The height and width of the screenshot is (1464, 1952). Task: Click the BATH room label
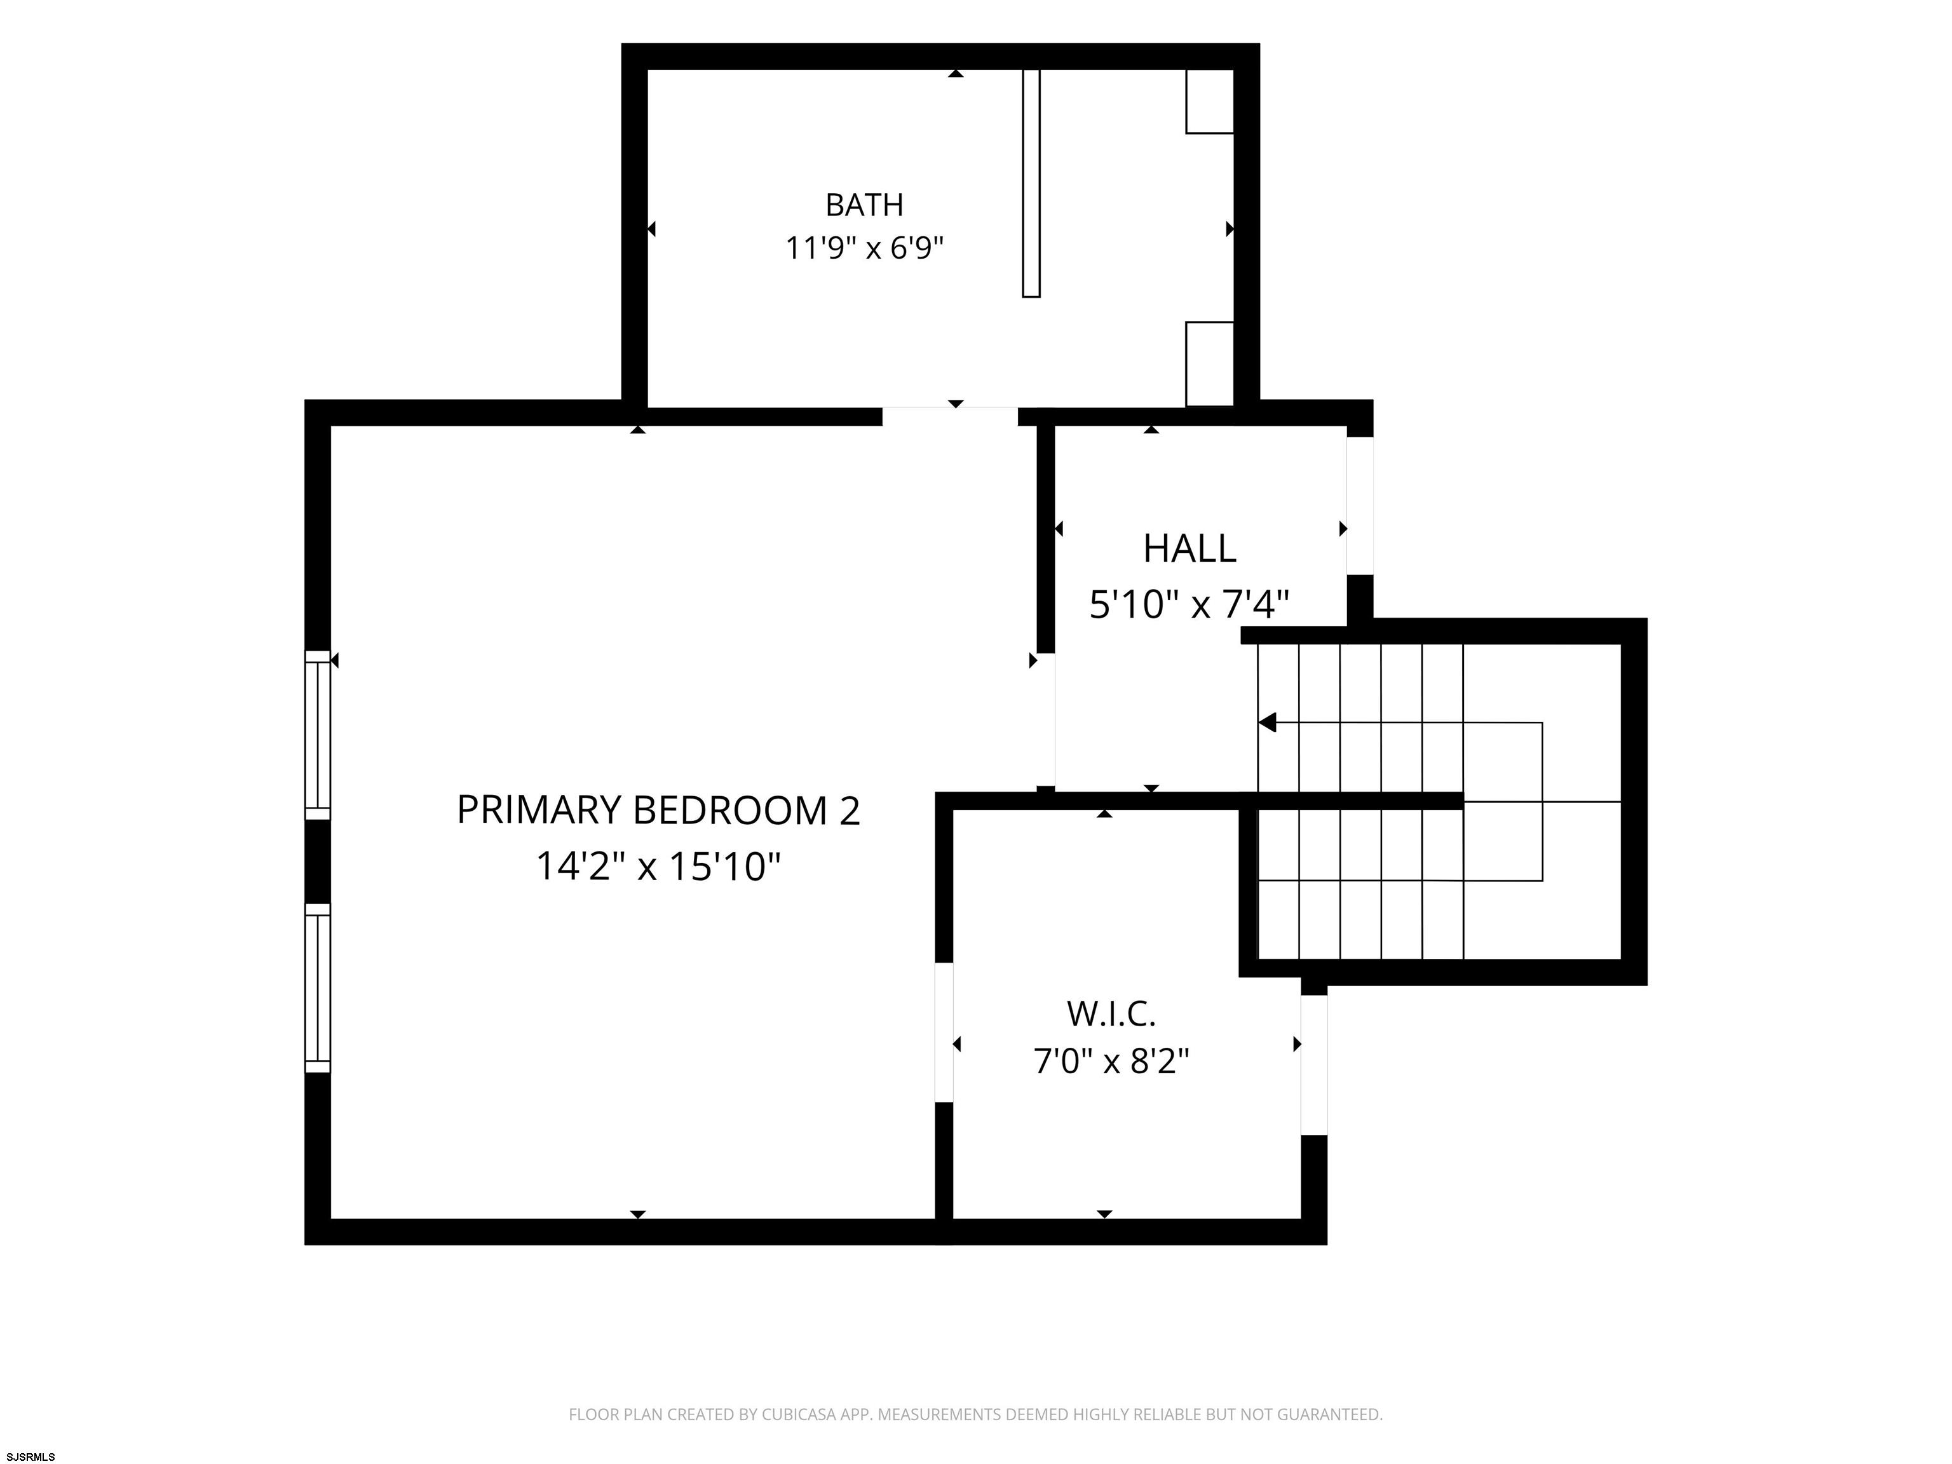pyautogui.click(x=864, y=205)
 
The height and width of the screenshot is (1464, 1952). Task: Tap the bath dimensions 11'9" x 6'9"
pyautogui.click(x=864, y=248)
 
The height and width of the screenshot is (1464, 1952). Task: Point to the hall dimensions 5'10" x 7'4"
pyautogui.click(x=1189, y=606)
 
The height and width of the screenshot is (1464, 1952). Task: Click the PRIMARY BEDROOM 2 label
pyautogui.click(x=658, y=810)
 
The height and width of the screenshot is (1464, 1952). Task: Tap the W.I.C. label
pyautogui.click(x=1111, y=1014)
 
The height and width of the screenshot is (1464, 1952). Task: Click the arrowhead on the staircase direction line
pyautogui.click(x=1267, y=722)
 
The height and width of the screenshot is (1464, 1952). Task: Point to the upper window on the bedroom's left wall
pyautogui.click(x=318, y=735)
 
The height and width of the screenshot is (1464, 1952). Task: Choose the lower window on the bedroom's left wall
pyautogui.click(x=318, y=987)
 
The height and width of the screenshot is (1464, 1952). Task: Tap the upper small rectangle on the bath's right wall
pyautogui.click(x=1209, y=102)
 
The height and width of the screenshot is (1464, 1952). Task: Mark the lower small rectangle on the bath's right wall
pyautogui.click(x=1209, y=363)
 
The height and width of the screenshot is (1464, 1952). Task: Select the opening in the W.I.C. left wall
pyautogui.click(x=944, y=1031)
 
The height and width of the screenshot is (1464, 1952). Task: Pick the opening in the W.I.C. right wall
pyautogui.click(x=1314, y=1064)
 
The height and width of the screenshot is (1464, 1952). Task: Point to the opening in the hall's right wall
pyautogui.click(x=1360, y=506)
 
